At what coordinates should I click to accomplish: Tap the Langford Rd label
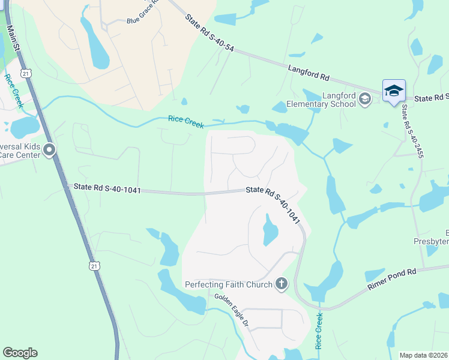(x=309, y=73)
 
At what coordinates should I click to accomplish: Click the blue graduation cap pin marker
(x=394, y=91)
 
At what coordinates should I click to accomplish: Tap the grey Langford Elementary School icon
(x=364, y=100)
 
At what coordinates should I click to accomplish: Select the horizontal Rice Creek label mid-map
(x=185, y=122)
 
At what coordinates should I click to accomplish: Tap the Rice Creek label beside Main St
(x=13, y=91)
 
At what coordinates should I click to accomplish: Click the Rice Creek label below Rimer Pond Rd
(x=319, y=330)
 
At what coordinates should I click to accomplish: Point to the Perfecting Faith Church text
(x=229, y=284)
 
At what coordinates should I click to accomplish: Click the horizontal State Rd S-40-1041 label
(x=107, y=188)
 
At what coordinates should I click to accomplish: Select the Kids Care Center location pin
(x=49, y=150)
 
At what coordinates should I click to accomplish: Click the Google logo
(x=20, y=353)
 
